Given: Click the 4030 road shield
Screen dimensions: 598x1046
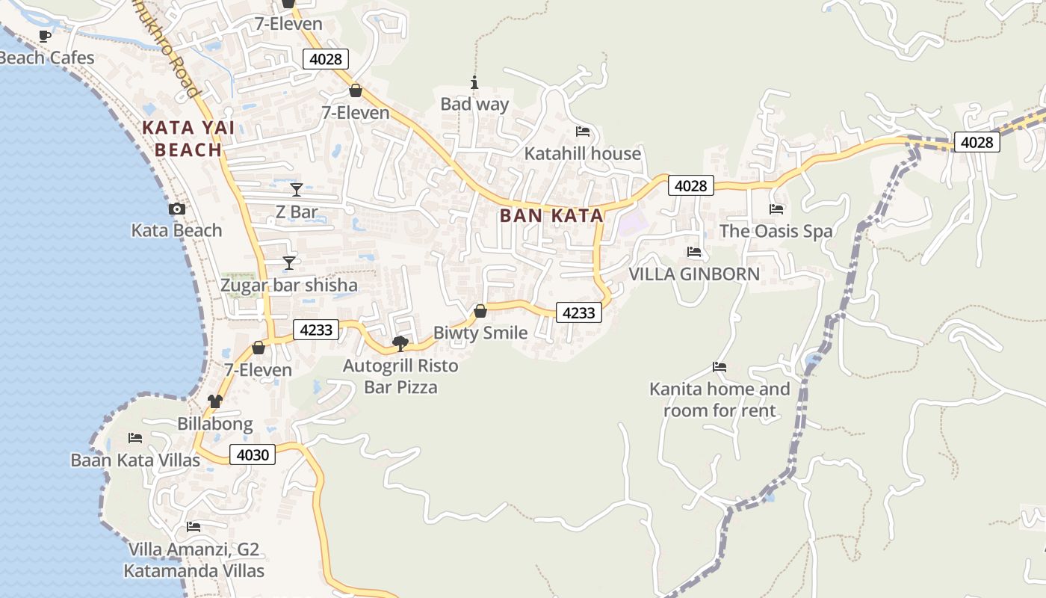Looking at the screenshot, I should (x=253, y=454).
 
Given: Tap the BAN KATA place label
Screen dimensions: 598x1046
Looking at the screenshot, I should (x=551, y=216).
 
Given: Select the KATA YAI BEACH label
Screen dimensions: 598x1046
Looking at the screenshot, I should (x=188, y=139).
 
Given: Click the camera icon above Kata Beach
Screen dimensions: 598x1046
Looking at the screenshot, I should (x=177, y=209).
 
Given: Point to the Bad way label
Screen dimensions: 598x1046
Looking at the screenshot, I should (x=474, y=104).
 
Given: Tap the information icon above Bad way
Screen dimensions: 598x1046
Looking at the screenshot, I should (x=474, y=82).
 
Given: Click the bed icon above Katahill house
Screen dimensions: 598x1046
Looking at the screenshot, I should (x=583, y=132).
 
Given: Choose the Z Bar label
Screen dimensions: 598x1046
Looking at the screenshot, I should (x=297, y=212).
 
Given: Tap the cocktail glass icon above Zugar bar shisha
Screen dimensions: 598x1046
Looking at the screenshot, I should (x=289, y=262).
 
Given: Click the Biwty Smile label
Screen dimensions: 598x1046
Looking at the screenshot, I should (x=480, y=333).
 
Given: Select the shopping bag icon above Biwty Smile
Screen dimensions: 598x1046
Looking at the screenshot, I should (x=480, y=311).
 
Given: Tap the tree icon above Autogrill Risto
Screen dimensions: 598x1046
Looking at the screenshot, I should (x=400, y=344).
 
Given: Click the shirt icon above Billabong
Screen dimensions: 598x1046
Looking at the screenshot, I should (x=215, y=401).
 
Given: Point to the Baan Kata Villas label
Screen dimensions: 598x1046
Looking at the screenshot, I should (x=135, y=460).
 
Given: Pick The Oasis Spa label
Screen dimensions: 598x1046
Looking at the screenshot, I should (x=776, y=231).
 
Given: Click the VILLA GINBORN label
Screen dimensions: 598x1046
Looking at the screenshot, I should (x=694, y=274).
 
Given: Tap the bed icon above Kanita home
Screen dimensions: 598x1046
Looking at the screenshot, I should (x=719, y=367).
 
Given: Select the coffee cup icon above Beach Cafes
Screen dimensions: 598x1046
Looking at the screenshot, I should (x=45, y=36).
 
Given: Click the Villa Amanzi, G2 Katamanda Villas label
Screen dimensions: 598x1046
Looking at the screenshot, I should (x=194, y=561).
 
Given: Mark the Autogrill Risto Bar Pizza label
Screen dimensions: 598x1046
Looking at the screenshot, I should (x=400, y=377).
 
